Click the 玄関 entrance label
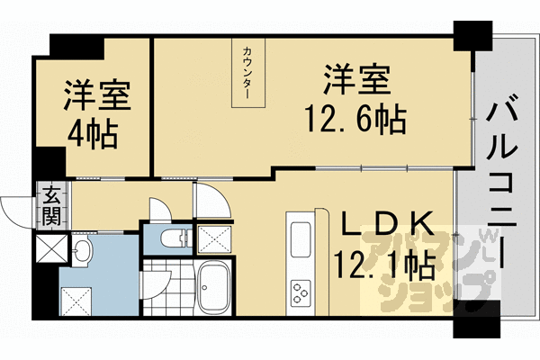coord(51,205)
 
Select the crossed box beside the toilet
coord(211,239)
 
